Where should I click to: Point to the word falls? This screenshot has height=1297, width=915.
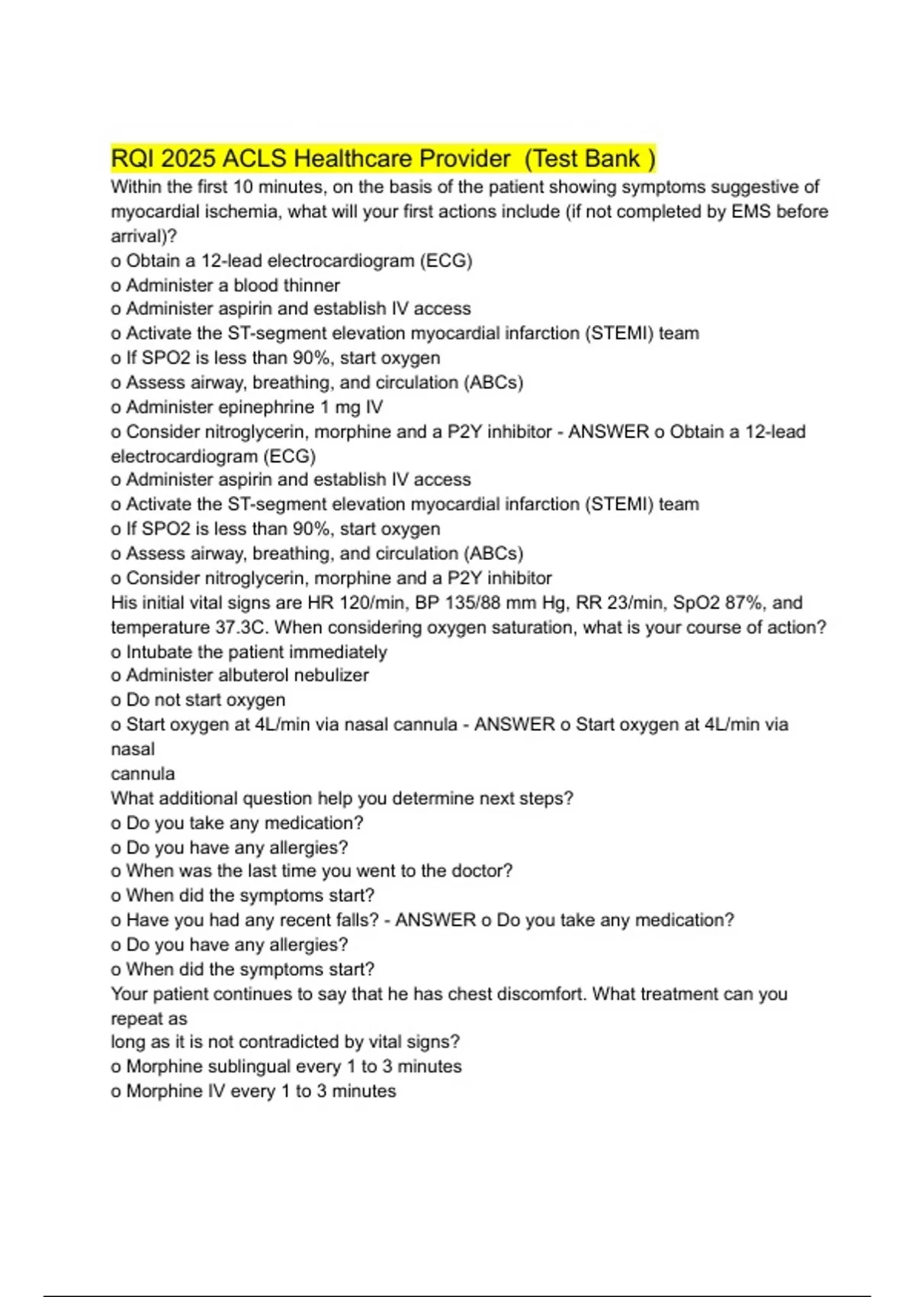click(355, 920)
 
